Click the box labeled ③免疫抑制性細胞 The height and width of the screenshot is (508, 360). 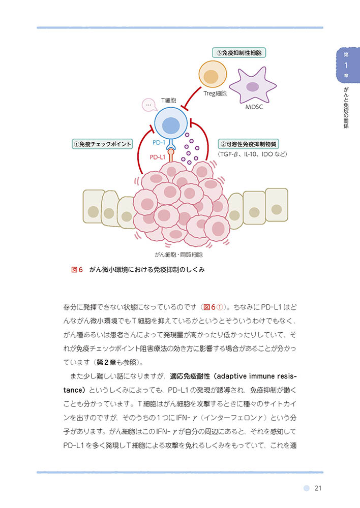pyautogui.click(x=239, y=52)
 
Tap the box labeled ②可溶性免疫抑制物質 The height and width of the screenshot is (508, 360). pyautogui.click(x=249, y=144)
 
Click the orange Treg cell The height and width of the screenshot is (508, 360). pyautogui.click(x=213, y=75)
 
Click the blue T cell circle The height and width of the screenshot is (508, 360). pyautogui.click(x=171, y=124)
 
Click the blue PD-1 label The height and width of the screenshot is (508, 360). pyautogui.click(x=159, y=143)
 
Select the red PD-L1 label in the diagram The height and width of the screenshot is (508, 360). pyautogui.click(x=158, y=157)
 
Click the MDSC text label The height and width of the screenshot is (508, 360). pyautogui.click(x=254, y=107)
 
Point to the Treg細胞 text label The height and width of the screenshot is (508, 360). pyautogui.click(x=215, y=93)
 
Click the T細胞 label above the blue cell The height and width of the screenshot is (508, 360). pyautogui.click(x=168, y=101)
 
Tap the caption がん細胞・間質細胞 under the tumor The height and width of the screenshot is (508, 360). pyautogui.click(x=178, y=255)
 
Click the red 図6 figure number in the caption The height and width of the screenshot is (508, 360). pyautogui.click(x=77, y=270)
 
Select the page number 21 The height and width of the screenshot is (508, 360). pyautogui.click(x=318, y=488)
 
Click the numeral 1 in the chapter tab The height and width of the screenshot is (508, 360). pyautogui.click(x=346, y=66)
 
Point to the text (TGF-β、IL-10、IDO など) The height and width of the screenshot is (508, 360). pyautogui.click(x=252, y=154)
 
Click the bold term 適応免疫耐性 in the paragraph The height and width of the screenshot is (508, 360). pyautogui.click(x=190, y=376)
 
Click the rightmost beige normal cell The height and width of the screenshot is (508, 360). pyautogui.click(x=277, y=205)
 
